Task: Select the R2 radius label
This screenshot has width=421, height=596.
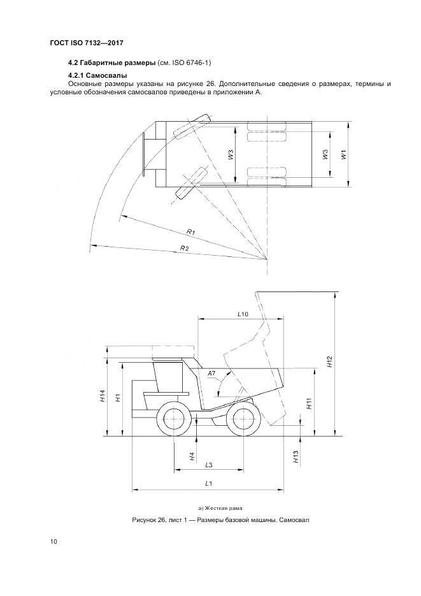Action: [185, 247]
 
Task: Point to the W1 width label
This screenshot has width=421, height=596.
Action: [344, 154]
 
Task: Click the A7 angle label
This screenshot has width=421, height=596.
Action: [212, 373]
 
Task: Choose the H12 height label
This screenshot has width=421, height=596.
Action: [329, 363]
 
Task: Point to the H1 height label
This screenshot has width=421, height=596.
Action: [118, 397]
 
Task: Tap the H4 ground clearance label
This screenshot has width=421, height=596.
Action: [192, 456]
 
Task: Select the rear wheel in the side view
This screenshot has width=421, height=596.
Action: [241, 419]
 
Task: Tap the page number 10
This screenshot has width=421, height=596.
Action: [54, 542]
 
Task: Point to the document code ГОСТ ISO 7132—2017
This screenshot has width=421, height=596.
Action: [86, 43]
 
